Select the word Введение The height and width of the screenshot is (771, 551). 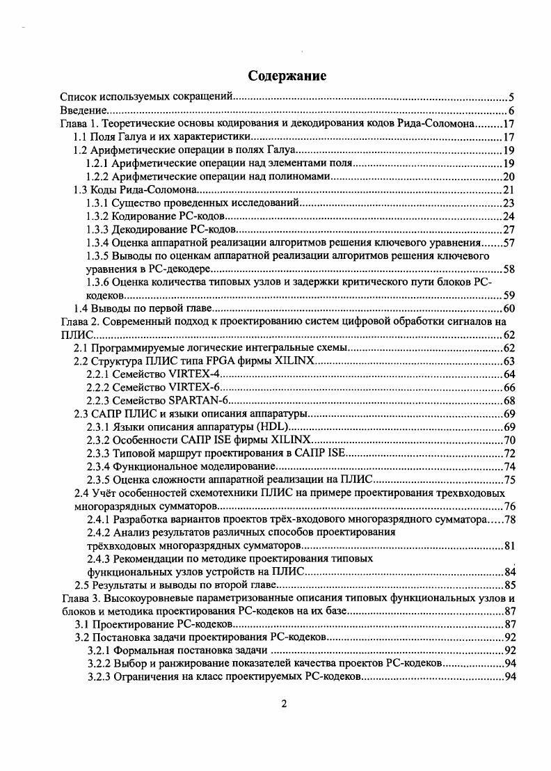[83, 110]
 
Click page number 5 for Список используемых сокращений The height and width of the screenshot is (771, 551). [511, 97]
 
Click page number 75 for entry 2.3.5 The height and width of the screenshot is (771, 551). [508, 479]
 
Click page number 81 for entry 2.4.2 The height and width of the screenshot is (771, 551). [508, 545]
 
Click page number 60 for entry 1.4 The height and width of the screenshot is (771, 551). [508, 308]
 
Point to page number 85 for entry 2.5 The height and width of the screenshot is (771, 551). [508, 585]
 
